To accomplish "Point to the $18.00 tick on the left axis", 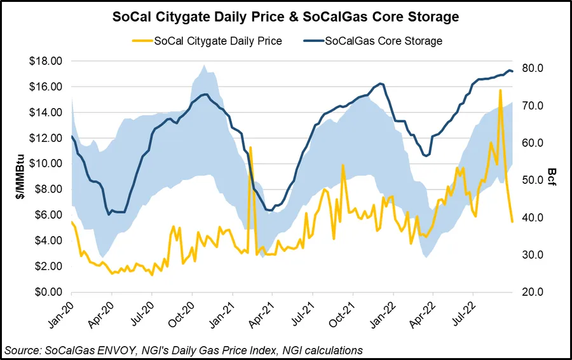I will [44, 61].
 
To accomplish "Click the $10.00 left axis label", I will [44, 163].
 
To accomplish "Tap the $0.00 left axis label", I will [47, 292].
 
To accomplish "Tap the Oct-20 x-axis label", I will [184, 315].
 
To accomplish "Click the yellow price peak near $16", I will [500, 90].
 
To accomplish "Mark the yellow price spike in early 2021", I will [251, 148].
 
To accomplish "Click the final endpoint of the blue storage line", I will [512, 71].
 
